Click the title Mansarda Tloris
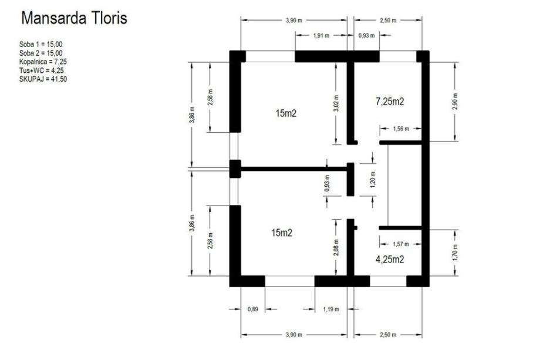pyautogui.click(x=74, y=18)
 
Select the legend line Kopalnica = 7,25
pyautogui.click(x=43, y=62)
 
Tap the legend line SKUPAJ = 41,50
pyautogui.click(x=43, y=79)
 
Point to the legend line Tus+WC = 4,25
pyautogui.click(x=42, y=70)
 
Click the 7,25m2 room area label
pyautogui.click(x=390, y=101)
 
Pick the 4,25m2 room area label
pyautogui.click(x=390, y=259)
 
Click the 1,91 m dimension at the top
pyautogui.click(x=321, y=35)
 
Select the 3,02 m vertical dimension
pyautogui.click(x=336, y=103)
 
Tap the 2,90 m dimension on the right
pyautogui.click(x=455, y=102)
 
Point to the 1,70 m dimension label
pyautogui.click(x=455, y=253)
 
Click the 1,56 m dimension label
pyautogui.click(x=401, y=129)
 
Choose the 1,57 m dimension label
pyautogui.click(x=401, y=244)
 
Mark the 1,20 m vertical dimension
pyautogui.click(x=373, y=180)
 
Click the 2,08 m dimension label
pyautogui.click(x=336, y=248)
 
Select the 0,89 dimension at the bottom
pyautogui.click(x=253, y=309)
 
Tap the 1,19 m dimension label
pyautogui.click(x=331, y=309)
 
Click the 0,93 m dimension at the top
pyautogui.click(x=366, y=35)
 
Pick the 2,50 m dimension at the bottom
pyautogui.click(x=388, y=335)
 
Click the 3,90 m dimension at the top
pyautogui.click(x=293, y=21)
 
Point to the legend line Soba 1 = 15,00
pyautogui.click(x=41, y=44)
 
